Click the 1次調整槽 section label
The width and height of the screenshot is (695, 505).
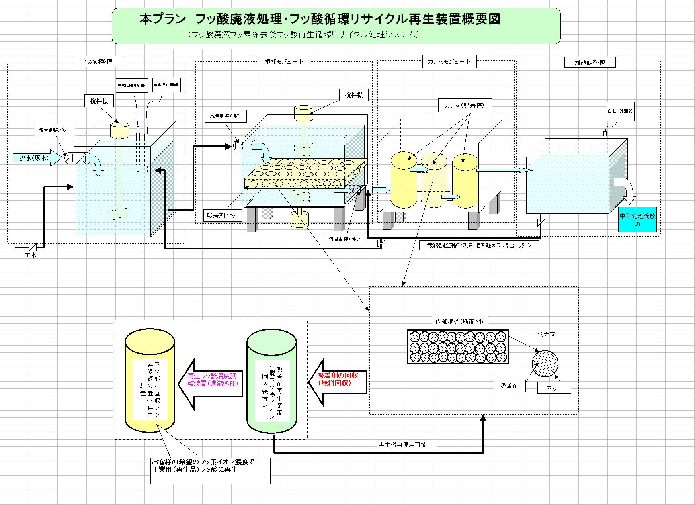(x=98, y=62)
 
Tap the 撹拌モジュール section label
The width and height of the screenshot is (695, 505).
(x=283, y=62)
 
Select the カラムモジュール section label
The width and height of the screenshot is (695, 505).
(x=449, y=62)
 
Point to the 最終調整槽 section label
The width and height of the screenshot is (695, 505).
(x=590, y=62)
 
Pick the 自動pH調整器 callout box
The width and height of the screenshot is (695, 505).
(x=131, y=86)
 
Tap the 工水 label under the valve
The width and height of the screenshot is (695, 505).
(x=31, y=255)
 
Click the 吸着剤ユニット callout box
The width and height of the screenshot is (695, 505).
(x=223, y=215)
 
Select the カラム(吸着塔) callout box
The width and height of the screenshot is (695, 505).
(x=464, y=106)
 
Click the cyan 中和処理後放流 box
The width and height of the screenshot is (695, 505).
(x=637, y=219)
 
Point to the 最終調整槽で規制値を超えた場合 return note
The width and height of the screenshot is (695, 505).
(x=478, y=245)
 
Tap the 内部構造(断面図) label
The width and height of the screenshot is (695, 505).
(x=460, y=322)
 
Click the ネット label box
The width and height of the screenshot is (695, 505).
(x=554, y=388)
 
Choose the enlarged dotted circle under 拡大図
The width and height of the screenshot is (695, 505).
(x=545, y=364)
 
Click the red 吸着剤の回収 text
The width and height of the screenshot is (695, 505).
(x=338, y=379)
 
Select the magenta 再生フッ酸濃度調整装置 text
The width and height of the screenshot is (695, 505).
(x=212, y=380)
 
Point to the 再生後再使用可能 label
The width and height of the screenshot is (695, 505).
(x=403, y=445)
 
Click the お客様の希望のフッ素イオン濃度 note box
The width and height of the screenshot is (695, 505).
(x=210, y=470)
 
